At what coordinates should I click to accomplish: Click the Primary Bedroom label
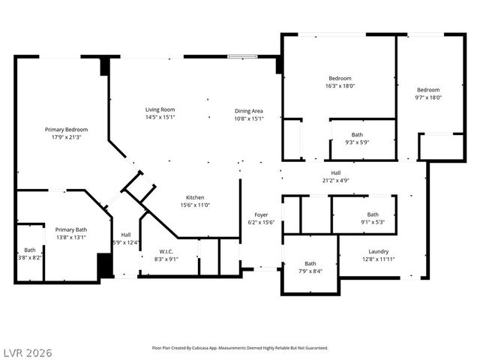(66, 129)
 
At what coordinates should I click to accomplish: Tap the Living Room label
(160, 109)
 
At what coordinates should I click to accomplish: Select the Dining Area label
(248, 110)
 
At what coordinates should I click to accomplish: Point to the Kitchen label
(195, 197)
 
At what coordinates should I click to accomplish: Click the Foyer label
(261, 214)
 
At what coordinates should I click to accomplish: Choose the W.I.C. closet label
(166, 251)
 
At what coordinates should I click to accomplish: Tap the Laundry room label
(378, 251)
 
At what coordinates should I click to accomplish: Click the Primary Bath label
(71, 229)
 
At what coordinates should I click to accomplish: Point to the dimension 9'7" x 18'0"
(428, 97)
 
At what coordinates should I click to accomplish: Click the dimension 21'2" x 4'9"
(335, 180)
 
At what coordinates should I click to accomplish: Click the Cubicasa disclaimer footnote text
(239, 348)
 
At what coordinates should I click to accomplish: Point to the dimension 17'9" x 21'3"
(66, 137)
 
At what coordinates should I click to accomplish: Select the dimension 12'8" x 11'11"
(378, 259)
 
